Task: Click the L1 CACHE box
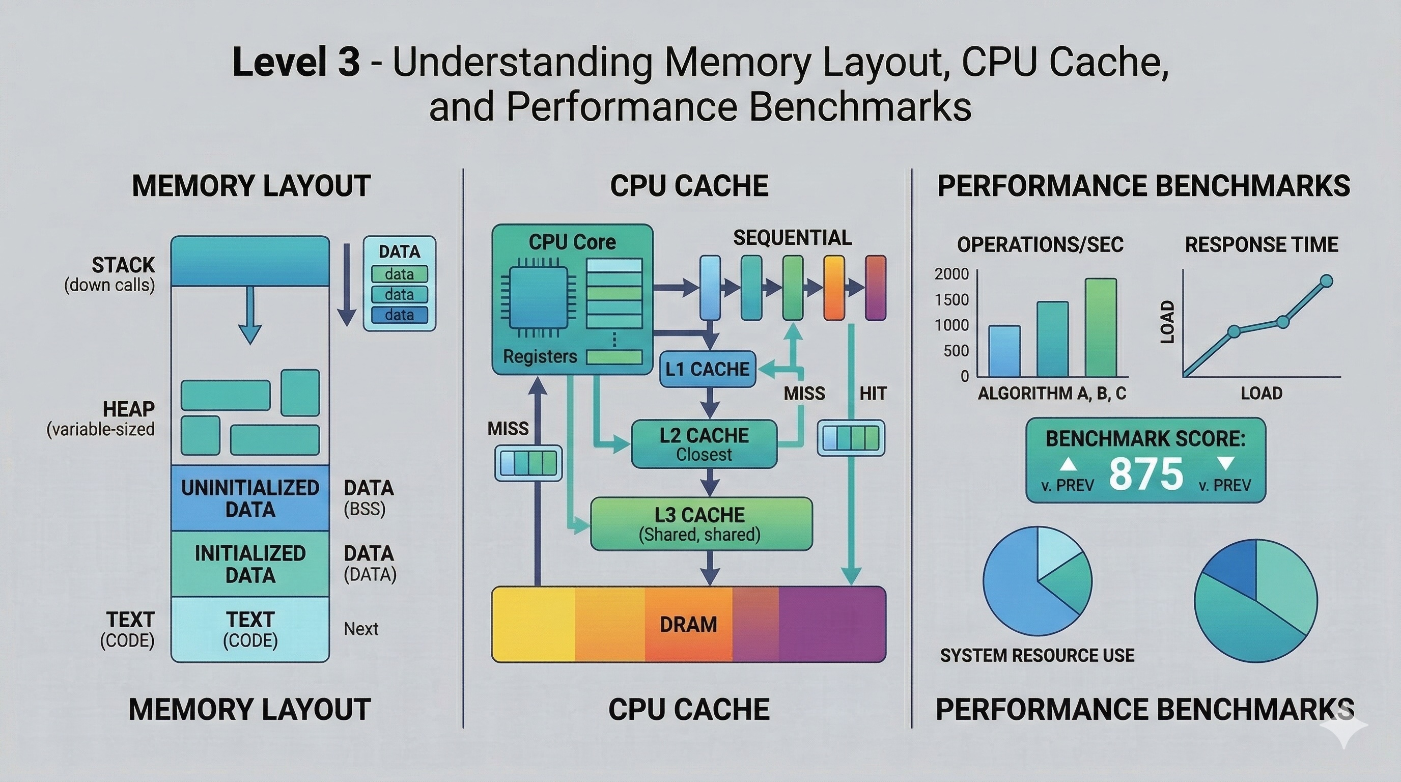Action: point(707,369)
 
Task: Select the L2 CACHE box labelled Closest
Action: point(704,444)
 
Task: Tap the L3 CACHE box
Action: point(701,524)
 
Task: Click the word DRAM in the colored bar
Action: point(688,624)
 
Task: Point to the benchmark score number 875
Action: point(1145,473)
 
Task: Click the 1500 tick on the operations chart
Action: point(951,300)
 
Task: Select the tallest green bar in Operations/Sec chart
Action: point(1101,328)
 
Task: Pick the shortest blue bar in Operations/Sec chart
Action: point(1003,351)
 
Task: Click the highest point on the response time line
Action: point(1326,281)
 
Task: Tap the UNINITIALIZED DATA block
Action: point(250,498)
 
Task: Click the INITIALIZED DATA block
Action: point(250,564)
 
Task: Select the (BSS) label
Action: point(365,510)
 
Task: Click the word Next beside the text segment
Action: point(360,629)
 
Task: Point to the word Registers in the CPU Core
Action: point(540,357)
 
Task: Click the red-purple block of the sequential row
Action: point(875,288)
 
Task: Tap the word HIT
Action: point(873,393)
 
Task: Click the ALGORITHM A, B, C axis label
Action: point(1051,393)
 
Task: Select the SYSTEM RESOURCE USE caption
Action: point(1036,655)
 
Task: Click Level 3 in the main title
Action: point(296,62)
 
